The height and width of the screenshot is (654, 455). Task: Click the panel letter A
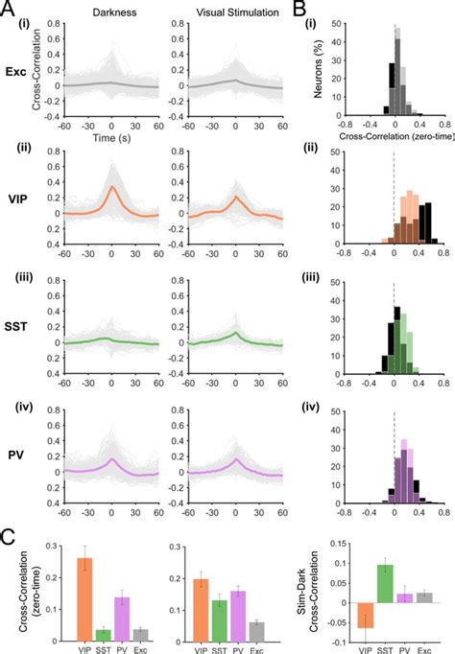pyautogui.click(x=9, y=13)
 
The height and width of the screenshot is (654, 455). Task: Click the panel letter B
pyautogui.click(x=329, y=13)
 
